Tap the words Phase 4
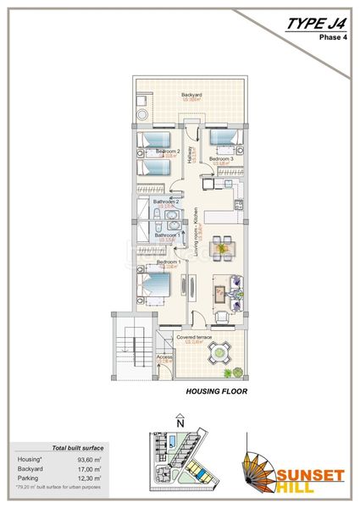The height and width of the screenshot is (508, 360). click(333, 38)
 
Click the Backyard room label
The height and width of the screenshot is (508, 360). click(191, 95)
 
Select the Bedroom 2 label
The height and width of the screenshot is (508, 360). click(168, 152)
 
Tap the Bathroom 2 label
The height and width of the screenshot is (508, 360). click(165, 202)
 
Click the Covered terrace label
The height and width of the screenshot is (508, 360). click(192, 338)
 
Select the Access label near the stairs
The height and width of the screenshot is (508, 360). click(164, 356)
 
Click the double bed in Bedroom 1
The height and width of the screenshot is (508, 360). click(152, 284)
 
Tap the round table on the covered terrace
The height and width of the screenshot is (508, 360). click(222, 351)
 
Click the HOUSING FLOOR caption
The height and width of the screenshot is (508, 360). click(215, 393)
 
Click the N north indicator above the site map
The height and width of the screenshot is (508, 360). click(179, 419)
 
